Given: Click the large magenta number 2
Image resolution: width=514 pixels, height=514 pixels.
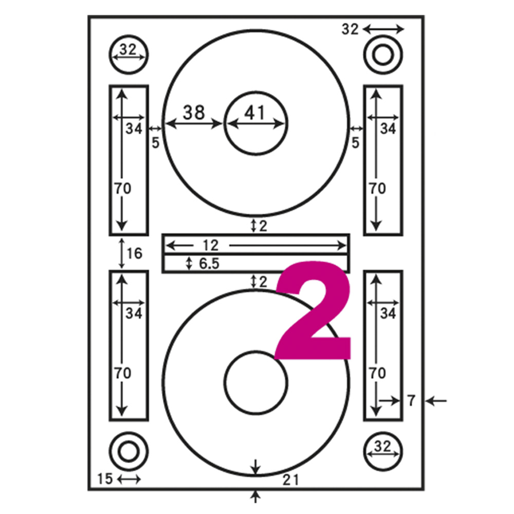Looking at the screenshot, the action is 313,310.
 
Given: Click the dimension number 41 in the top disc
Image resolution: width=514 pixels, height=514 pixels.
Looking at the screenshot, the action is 255,113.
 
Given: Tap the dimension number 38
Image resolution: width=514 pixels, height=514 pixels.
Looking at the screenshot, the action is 194,112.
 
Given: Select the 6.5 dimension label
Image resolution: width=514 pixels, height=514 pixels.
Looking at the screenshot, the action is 209,264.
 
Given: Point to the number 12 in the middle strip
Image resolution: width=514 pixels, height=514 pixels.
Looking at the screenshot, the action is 210,245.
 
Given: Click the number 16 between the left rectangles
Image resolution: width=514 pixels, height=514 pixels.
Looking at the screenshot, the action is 134,253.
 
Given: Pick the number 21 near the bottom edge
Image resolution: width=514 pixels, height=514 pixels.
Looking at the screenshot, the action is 291,480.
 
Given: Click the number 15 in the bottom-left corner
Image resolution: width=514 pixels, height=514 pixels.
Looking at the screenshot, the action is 105,479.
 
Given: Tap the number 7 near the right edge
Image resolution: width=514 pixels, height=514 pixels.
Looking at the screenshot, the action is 411,400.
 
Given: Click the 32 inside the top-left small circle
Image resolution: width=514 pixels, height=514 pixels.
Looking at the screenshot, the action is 128,50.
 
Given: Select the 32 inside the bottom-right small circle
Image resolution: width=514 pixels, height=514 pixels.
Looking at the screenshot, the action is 382,447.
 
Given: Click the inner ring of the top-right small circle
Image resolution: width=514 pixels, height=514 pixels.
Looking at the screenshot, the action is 383,54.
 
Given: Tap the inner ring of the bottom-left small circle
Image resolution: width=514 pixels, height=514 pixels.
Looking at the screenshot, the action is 128,452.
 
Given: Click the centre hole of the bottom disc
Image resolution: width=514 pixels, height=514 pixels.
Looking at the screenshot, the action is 256,382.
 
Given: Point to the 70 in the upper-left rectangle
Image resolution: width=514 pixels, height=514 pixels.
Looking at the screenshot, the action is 123,189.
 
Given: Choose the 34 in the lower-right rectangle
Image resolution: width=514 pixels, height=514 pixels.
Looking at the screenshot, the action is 388,314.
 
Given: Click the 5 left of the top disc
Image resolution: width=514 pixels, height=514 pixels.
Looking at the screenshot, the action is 155,142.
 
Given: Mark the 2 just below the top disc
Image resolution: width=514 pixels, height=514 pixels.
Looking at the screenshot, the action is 263,226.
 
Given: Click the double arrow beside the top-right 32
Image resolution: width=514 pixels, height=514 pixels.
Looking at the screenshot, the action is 383,29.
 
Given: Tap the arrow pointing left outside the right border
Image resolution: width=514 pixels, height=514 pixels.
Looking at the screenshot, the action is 436,400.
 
